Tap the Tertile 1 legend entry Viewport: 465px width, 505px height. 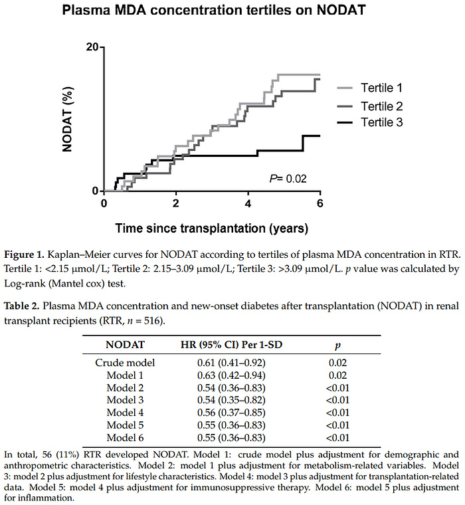click(381, 87)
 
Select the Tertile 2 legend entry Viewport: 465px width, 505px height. click(381, 106)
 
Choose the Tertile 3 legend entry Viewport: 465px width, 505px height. click(381, 122)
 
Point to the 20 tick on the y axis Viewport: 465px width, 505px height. click(92, 47)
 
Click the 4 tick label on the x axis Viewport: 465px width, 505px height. click(248, 203)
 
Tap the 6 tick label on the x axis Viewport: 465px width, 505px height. click(320, 203)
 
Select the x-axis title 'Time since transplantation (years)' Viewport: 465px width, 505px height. click(212, 229)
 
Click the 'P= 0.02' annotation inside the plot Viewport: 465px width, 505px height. click(288, 178)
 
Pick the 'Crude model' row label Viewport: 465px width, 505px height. click(126, 362)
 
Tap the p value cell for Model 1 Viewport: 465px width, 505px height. click(337, 375)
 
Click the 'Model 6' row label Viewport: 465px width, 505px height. click(126, 438)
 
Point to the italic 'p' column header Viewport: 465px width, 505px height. click(337, 345)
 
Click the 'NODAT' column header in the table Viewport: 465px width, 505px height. click(126, 345)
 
